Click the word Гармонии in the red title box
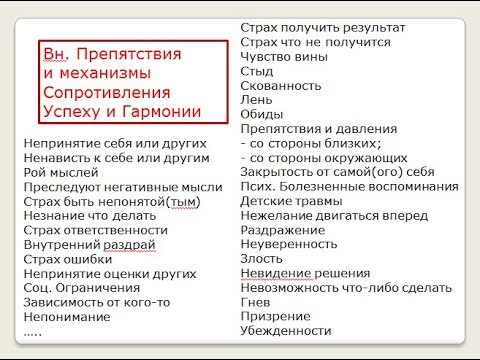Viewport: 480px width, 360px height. (x=161, y=112)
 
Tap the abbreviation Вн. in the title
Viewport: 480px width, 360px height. (x=56, y=54)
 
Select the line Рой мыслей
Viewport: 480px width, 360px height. (x=61, y=173)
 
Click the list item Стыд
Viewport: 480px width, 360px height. (x=257, y=71)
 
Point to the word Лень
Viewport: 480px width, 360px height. (x=256, y=100)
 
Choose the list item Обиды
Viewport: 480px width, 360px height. (x=262, y=114)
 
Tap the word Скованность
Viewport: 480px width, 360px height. (x=281, y=86)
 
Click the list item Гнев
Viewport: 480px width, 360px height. (x=255, y=302)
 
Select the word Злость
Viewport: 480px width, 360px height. (x=261, y=259)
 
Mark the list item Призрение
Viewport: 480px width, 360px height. (x=275, y=316)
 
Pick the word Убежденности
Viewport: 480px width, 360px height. (x=286, y=331)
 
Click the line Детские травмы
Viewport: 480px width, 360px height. (x=291, y=201)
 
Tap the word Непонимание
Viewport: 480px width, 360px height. (x=67, y=317)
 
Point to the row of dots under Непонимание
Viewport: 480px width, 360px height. (x=33, y=334)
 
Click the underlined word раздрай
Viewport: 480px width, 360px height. (x=129, y=245)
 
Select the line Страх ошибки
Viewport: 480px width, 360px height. (x=68, y=259)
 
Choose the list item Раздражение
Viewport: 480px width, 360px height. (x=283, y=230)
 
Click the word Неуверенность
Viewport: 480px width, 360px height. (x=289, y=244)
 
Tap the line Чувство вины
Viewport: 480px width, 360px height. (x=284, y=57)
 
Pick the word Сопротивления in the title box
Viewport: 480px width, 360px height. (x=107, y=92)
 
